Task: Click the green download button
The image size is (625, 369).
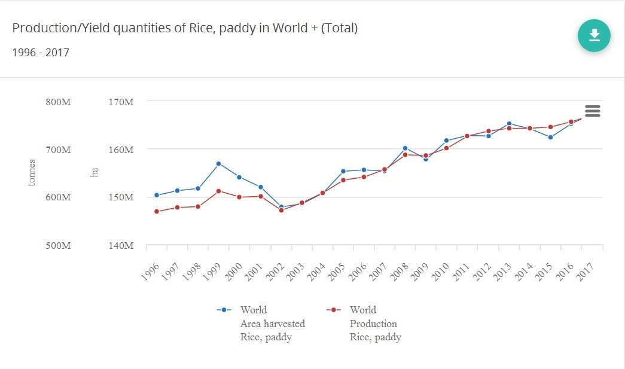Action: point(594,36)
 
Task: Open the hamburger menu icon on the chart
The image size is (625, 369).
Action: point(592,111)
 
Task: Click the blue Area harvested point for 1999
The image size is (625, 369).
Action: point(218,164)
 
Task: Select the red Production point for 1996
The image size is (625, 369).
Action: point(157,211)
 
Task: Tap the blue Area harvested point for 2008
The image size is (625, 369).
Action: point(405,148)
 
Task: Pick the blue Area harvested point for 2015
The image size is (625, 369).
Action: point(550,138)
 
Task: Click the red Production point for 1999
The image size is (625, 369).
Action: point(218,191)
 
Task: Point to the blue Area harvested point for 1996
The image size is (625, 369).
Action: point(157,195)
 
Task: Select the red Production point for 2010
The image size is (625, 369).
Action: point(446,148)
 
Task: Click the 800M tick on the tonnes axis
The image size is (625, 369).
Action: point(58,102)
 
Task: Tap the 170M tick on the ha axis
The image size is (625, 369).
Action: point(120,102)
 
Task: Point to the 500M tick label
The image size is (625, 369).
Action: point(58,245)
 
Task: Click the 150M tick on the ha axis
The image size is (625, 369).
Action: point(120,197)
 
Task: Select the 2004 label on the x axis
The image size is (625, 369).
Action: point(315,272)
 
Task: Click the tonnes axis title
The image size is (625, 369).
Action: point(32,172)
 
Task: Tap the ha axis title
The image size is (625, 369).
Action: point(94,172)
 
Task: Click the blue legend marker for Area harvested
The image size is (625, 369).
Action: point(224,310)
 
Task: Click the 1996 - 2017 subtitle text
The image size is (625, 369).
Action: point(41,53)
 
